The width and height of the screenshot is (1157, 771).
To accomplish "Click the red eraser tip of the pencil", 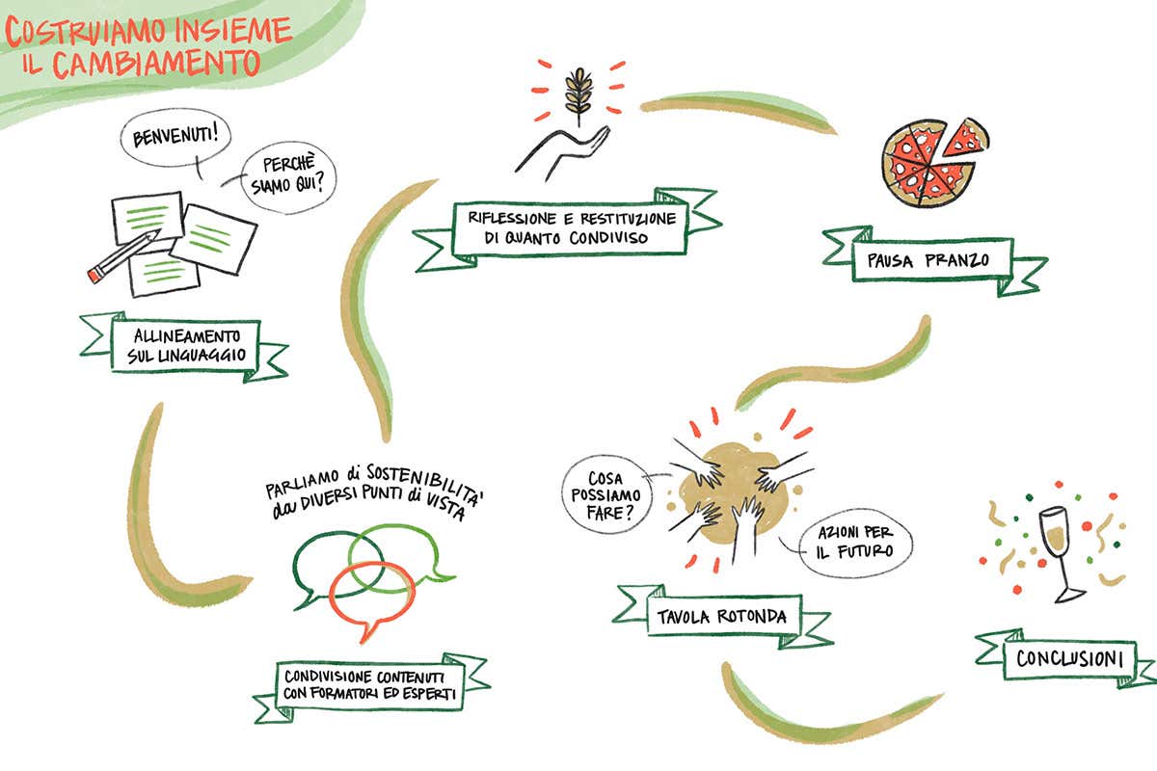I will (x=94, y=276).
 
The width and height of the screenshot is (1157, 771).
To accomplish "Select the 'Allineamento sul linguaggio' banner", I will (x=184, y=346).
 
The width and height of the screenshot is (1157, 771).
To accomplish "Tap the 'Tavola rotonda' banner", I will (x=723, y=615).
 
